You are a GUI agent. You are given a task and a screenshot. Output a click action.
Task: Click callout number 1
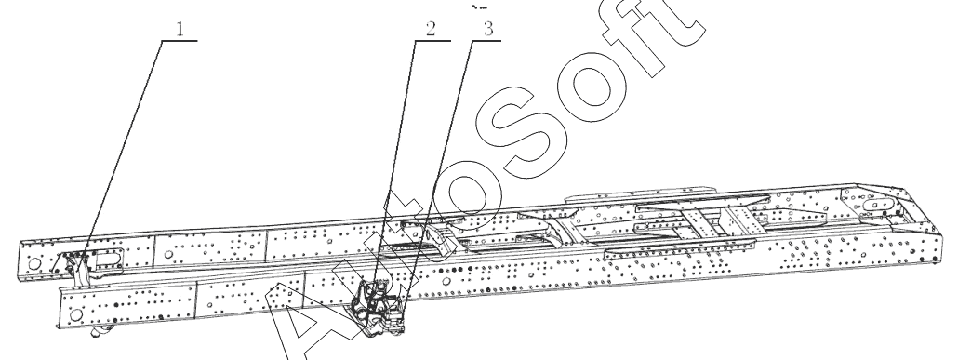click(180, 30)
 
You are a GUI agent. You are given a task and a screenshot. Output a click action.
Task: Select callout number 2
click(432, 30)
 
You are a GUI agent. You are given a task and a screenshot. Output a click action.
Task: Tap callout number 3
click(487, 30)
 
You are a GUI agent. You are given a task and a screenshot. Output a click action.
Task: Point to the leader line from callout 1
click(120, 157)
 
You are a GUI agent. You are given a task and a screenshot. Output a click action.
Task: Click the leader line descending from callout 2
click(395, 163)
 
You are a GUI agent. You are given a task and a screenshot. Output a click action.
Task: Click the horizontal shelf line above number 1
click(180, 40)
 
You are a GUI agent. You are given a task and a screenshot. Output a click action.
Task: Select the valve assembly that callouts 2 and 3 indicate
click(377, 307)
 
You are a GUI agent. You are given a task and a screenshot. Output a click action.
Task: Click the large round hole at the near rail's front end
click(75, 314)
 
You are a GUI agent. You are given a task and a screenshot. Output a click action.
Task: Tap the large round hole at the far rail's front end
click(34, 264)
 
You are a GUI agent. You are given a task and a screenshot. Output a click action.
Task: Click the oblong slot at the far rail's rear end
click(878, 206)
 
